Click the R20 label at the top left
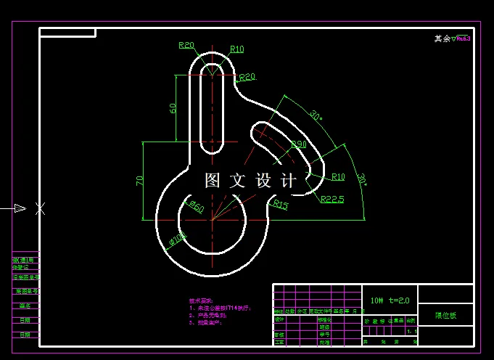[x=186, y=46]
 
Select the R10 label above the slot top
[x=236, y=49]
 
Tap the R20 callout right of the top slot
[x=247, y=77]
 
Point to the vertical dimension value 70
[x=140, y=181]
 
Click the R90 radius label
[x=299, y=145]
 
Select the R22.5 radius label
[x=332, y=199]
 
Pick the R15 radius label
[x=281, y=205]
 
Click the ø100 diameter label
[x=177, y=237]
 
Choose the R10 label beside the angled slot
[x=338, y=176]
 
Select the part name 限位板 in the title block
[x=446, y=316]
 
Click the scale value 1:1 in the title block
[x=412, y=331]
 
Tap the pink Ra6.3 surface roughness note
[x=463, y=38]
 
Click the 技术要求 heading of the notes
[x=200, y=300]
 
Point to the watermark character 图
[x=213, y=181]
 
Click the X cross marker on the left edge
[x=41, y=208]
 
